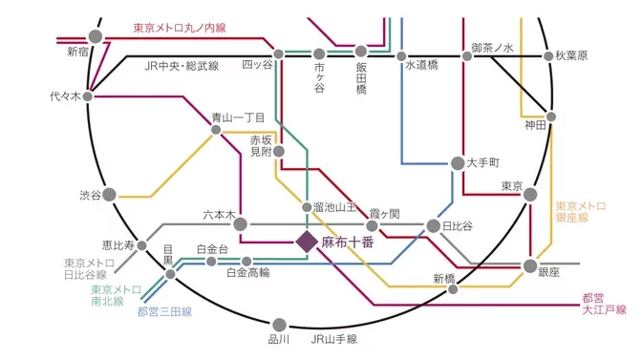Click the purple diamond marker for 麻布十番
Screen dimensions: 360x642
point(307,242)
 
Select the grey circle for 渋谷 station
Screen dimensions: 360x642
point(109,195)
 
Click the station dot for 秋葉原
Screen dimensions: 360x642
point(549,55)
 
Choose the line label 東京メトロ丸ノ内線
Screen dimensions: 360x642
point(179,28)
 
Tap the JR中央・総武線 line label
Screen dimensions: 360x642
point(182,66)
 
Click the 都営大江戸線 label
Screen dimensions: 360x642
point(604,304)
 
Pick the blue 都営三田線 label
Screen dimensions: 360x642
point(164,311)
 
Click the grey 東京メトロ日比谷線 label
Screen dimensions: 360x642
point(86,269)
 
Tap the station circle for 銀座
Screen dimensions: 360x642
point(531,265)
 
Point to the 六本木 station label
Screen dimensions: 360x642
point(219,216)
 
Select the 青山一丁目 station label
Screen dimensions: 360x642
point(238,116)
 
